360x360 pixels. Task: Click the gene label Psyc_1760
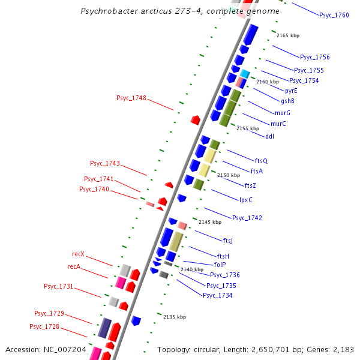(334, 15)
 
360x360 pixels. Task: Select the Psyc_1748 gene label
(131, 98)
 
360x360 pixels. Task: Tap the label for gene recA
(74, 266)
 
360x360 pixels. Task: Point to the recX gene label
(78, 254)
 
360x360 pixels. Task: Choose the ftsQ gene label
(261, 161)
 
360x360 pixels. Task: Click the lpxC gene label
(246, 200)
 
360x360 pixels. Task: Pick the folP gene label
(220, 264)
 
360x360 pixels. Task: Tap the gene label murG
(283, 113)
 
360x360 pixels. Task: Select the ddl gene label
(269, 136)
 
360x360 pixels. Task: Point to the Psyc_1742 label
(247, 218)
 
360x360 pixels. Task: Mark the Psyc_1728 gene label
(44, 326)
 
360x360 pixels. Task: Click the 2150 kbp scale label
(229, 175)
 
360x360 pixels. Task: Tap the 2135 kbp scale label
(175, 317)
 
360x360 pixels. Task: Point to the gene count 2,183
(341, 349)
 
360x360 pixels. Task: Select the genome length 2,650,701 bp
(274, 349)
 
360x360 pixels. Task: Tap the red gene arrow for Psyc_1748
(195, 120)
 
